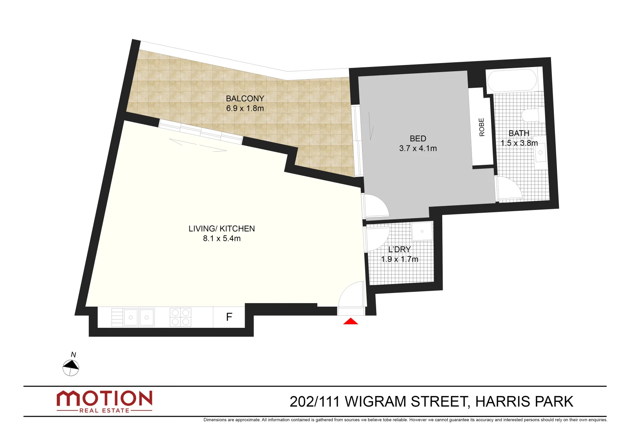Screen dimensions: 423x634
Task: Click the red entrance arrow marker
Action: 351,322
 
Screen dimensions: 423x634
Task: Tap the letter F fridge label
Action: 229,317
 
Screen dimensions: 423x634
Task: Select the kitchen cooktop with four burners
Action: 180,317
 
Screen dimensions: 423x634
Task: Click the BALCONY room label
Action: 245,99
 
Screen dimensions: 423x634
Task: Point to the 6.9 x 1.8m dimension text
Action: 245,108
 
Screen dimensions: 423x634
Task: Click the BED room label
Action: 418,139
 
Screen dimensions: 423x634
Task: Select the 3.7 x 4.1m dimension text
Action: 418,148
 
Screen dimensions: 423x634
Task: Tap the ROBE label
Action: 482,127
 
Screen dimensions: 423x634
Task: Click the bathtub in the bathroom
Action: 512,80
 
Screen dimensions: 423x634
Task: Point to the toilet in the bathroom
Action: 531,115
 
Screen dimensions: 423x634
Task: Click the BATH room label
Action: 519,134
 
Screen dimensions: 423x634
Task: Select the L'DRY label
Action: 400,249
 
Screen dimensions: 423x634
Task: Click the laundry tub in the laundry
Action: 422,231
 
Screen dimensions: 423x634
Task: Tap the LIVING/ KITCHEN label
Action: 222,229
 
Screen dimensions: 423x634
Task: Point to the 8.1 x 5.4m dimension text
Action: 222,239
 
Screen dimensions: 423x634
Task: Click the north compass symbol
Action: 71,367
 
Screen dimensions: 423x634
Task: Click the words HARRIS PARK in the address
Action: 524,402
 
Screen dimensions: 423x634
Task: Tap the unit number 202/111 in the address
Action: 315,402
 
